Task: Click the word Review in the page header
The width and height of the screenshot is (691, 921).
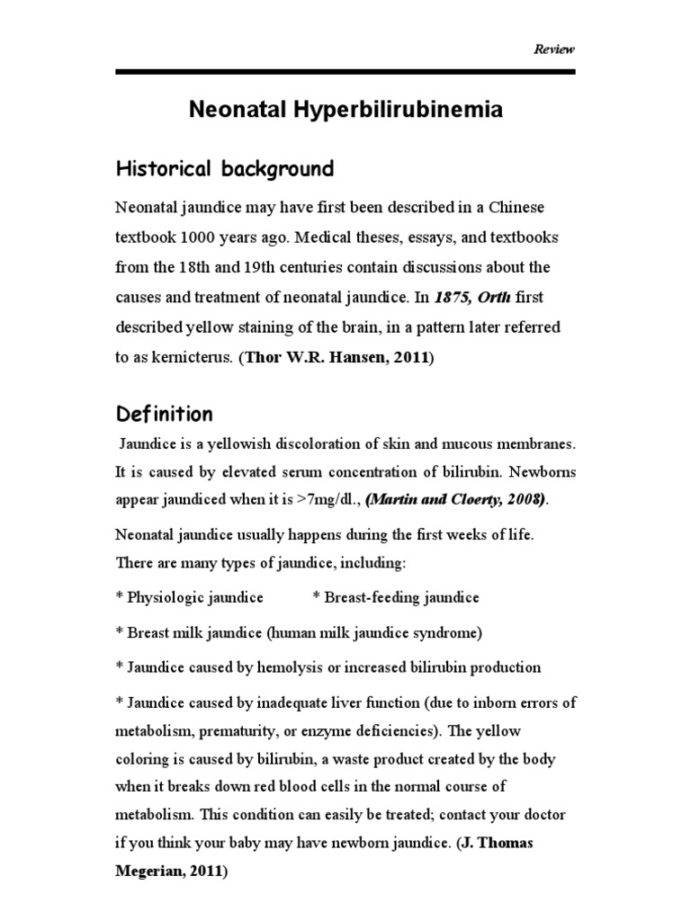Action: tap(554, 49)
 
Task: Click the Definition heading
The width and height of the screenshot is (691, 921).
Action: tap(165, 415)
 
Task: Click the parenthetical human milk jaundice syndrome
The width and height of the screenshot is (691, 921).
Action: tap(374, 632)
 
